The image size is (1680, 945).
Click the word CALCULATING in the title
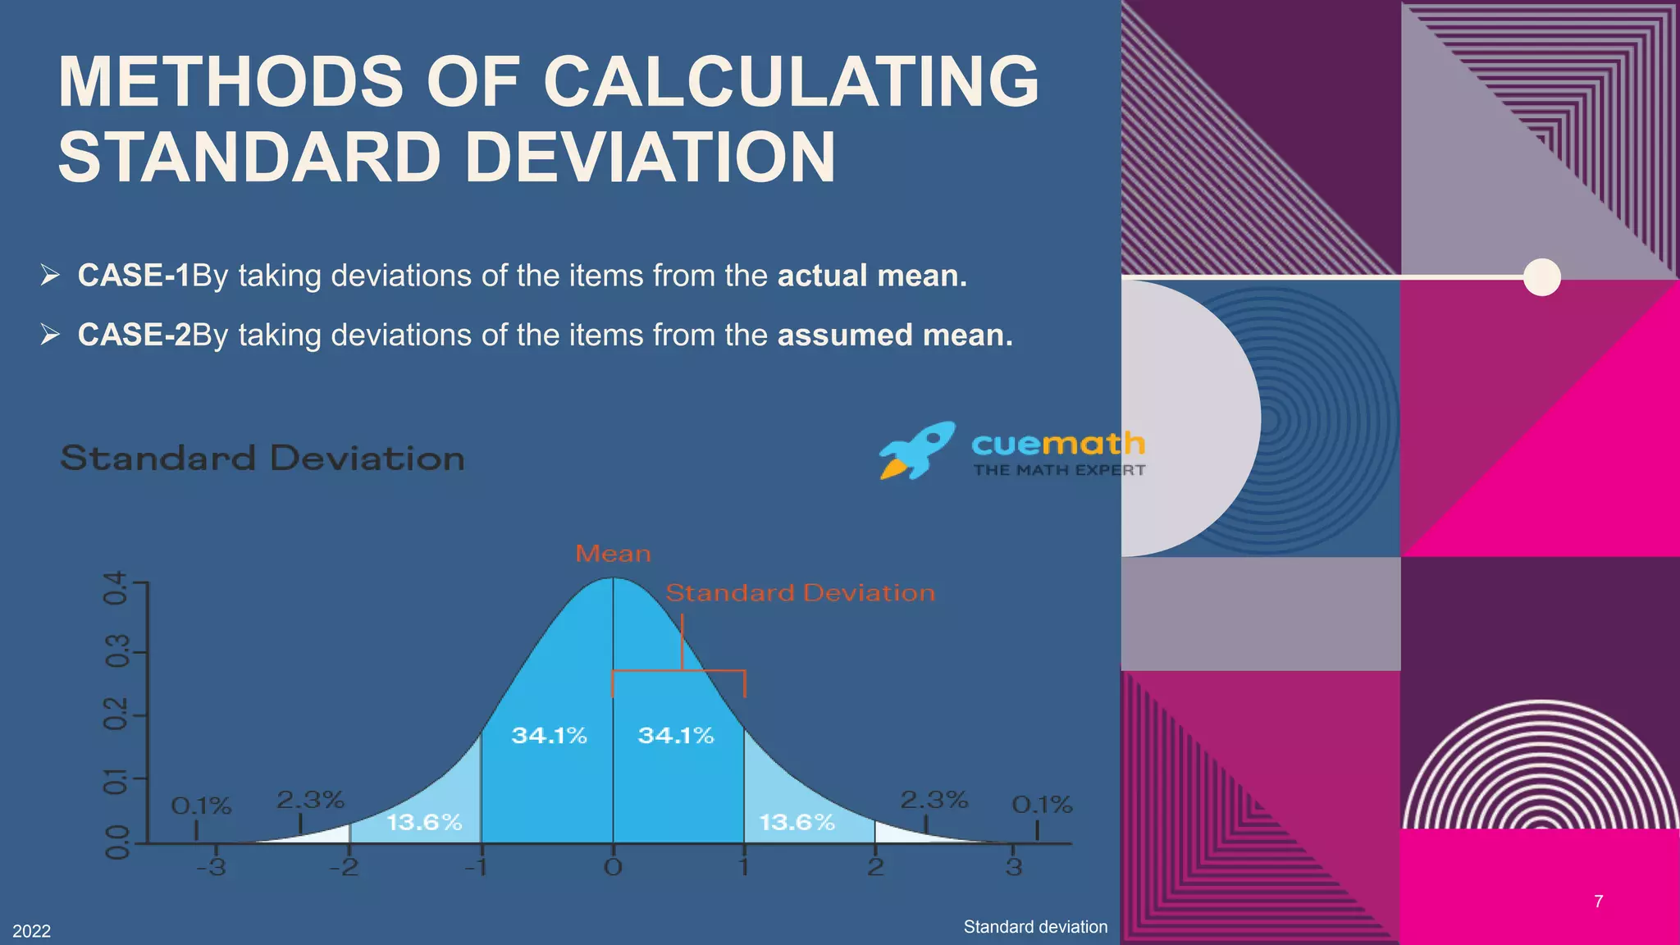[x=791, y=81]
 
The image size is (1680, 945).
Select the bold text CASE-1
[x=134, y=276]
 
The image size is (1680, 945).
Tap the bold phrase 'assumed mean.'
[x=895, y=336]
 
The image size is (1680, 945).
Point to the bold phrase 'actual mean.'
[x=872, y=276]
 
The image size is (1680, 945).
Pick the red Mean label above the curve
[x=613, y=554]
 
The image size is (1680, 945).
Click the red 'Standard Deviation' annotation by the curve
[x=800, y=593]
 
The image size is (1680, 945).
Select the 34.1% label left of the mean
[x=549, y=735]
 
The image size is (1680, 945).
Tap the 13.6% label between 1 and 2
[x=797, y=822]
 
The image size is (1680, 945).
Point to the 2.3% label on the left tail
[x=310, y=799]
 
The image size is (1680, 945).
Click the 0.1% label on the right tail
[x=1042, y=805]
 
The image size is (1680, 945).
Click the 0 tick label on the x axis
[x=613, y=867]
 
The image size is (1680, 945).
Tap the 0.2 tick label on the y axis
[x=116, y=714]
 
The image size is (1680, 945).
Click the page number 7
[x=1598, y=902]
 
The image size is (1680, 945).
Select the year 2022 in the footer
[x=31, y=931]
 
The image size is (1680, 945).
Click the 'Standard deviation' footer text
[x=1035, y=927]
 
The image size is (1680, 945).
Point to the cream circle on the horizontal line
[x=1541, y=277]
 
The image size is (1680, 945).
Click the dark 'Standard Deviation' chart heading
[x=262, y=458]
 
